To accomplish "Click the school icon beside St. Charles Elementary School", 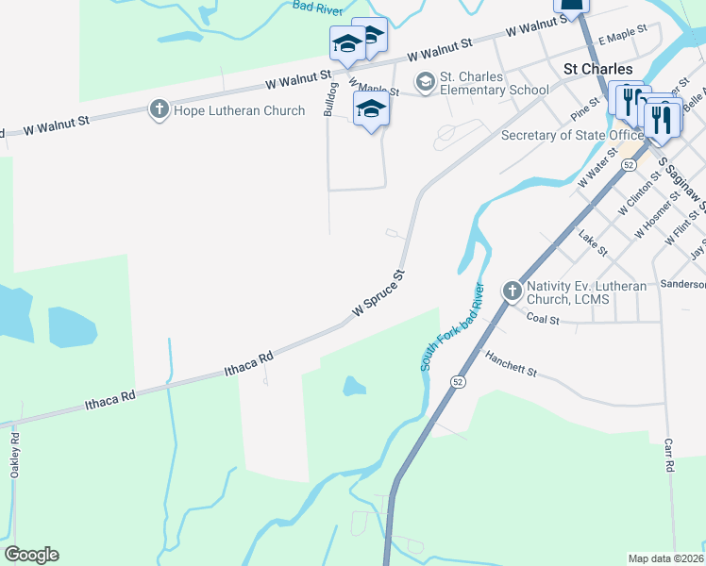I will pos(425,82).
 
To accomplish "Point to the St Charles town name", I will pos(597,69).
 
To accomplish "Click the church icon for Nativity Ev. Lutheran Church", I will pos(512,291).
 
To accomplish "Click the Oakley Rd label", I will pos(15,455).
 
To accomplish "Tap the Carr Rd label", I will pos(668,455).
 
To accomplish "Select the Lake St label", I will pos(593,247).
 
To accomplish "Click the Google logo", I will pos(31,555).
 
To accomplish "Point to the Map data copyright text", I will pos(666,558).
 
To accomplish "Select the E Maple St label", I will pos(627,34).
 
